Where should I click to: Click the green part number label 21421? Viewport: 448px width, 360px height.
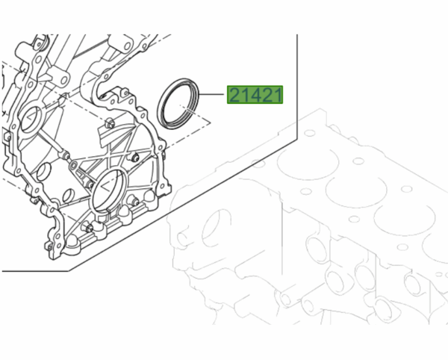tap(255, 96)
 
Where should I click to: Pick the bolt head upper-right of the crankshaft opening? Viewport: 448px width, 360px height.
tap(135, 158)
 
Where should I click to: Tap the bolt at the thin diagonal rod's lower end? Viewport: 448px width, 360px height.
tap(66, 156)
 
